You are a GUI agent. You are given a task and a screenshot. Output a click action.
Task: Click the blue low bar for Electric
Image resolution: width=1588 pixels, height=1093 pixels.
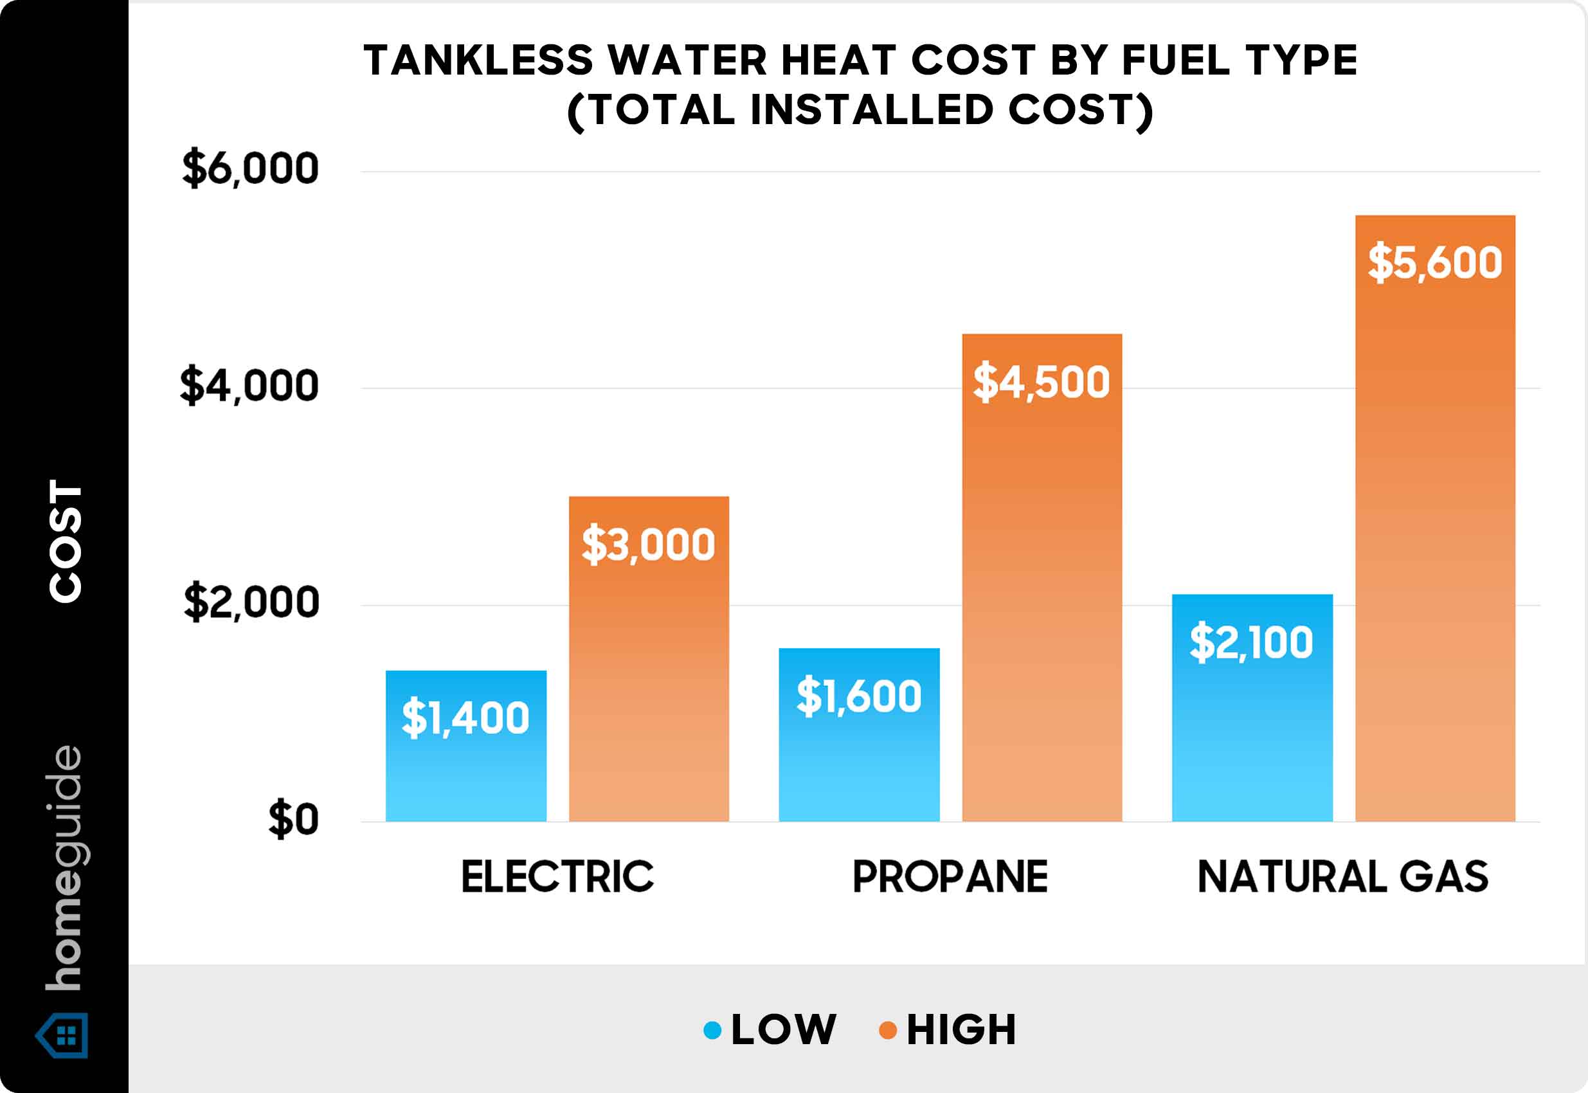pyautogui.click(x=465, y=767)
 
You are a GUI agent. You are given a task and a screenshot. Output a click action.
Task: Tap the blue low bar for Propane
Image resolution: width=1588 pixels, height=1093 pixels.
pyautogui.click(x=859, y=760)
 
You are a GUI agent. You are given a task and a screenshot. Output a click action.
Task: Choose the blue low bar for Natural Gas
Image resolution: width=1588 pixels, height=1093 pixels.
pyautogui.click(x=1252, y=726)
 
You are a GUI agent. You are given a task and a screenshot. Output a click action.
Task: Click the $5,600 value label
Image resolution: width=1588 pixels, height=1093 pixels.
pyautogui.click(x=1434, y=262)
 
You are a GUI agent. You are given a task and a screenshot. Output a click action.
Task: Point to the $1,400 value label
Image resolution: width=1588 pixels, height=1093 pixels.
pyautogui.click(x=465, y=718)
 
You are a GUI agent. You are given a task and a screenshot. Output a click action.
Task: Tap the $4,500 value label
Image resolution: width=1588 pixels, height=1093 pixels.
pyautogui.click(x=1041, y=382)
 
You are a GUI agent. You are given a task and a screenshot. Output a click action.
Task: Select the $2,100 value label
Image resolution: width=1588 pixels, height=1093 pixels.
pyautogui.click(x=1251, y=642)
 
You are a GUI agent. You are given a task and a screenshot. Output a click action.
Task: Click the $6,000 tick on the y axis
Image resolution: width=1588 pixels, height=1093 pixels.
pyautogui.click(x=250, y=168)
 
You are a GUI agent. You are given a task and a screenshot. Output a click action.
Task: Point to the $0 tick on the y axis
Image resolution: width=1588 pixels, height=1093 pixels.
pyautogui.click(x=293, y=819)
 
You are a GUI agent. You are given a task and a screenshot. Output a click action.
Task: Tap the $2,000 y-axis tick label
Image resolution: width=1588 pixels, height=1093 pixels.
pyautogui.click(x=251, y=602)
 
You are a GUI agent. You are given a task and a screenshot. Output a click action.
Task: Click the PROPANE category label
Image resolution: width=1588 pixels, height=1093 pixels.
pyautogui.click(x=950, y=876)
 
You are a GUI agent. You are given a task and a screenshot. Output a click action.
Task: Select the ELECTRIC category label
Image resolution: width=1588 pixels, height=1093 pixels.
pyautogui.click(x=557, y=876)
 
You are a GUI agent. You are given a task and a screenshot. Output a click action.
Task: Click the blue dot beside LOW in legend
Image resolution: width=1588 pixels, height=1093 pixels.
pyautogui.click(x=712, y=1030)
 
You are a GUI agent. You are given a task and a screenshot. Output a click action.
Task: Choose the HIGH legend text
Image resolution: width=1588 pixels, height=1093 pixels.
pyautogui.click(x=961, y=1029)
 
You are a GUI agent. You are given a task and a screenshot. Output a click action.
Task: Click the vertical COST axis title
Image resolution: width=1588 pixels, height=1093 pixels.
pyautogui.click(x=66, y=541)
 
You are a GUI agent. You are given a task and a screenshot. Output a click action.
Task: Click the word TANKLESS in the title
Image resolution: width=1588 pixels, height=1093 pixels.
pyautogui.click(x=478, y=60)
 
